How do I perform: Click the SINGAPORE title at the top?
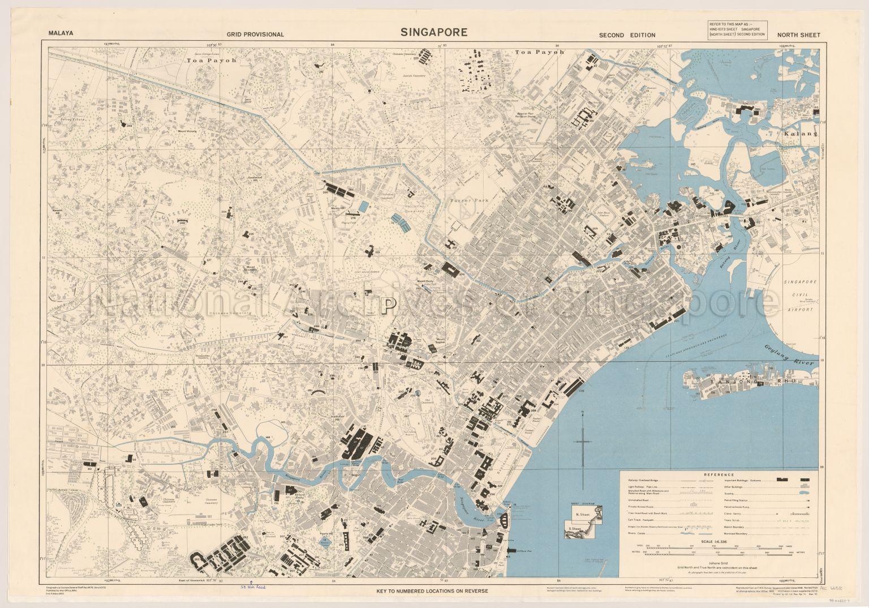434,32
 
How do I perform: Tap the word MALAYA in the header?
62,34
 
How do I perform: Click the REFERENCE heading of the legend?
719,475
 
